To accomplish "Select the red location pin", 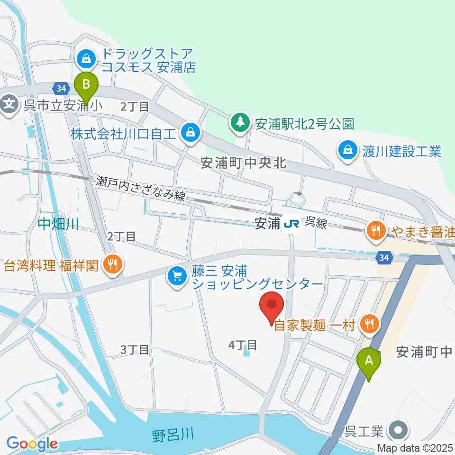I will click(272, 308).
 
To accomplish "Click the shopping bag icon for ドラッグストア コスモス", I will click(86, 59).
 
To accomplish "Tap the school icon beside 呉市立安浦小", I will click(9, 104).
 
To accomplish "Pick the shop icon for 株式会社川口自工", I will click(190, 132).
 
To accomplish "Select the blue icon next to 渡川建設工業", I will click(348, 151).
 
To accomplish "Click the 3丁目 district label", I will click(135, 350).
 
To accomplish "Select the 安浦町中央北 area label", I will click(244, 163).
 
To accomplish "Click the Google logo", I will click(32, 444).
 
